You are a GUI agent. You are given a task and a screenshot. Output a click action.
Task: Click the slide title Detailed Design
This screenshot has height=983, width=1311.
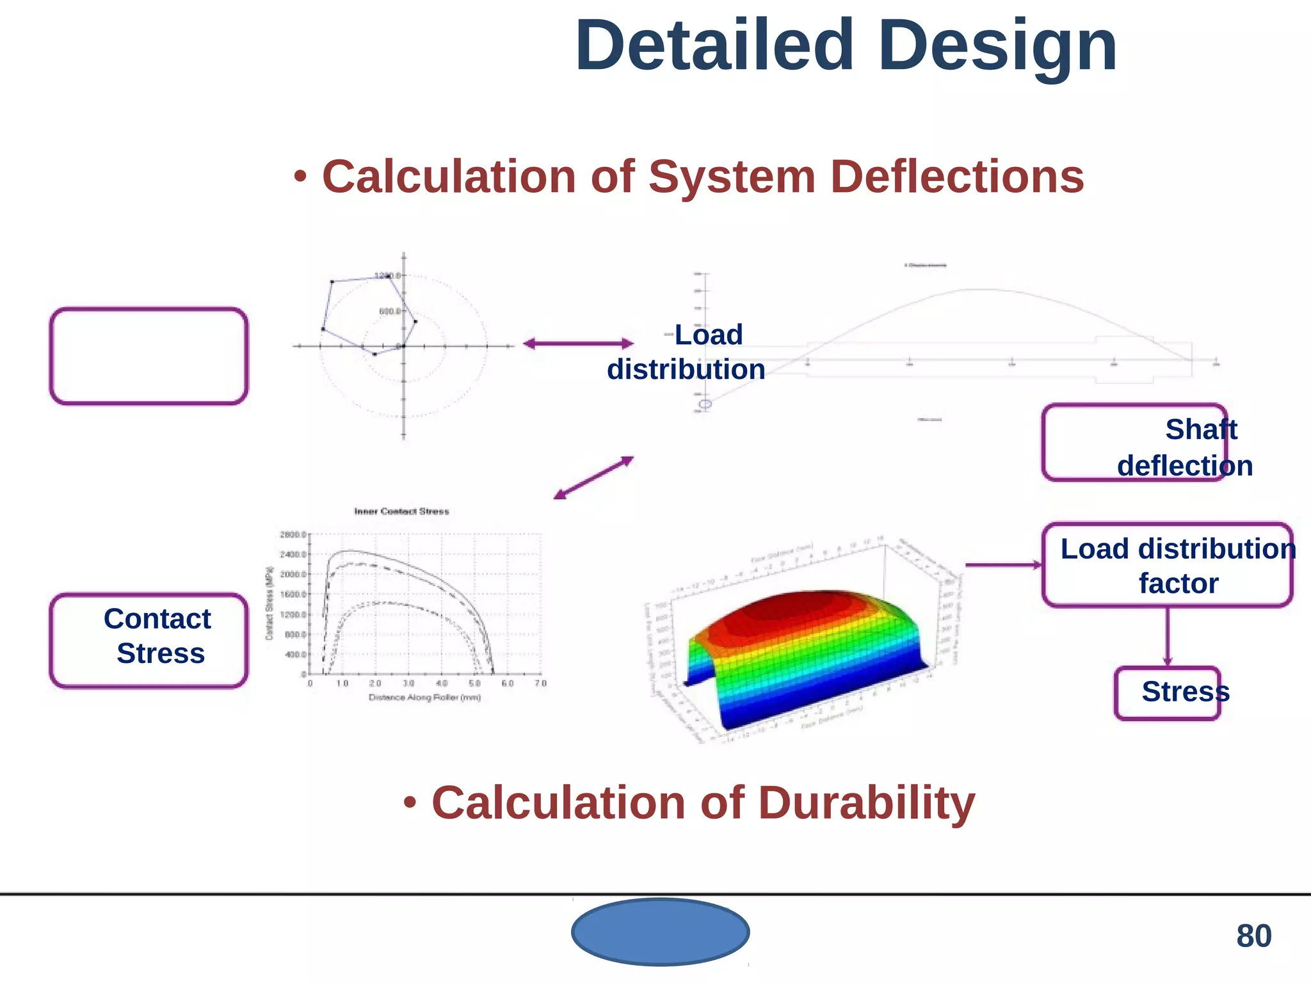(x=846, y=46)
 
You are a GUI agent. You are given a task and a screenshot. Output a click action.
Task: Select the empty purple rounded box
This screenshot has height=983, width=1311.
(x=149, y=356)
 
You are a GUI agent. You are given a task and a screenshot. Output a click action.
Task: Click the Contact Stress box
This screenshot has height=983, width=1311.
(x=149, y=641)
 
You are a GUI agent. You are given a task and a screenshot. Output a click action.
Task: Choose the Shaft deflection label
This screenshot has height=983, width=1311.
(x=1184, y=447)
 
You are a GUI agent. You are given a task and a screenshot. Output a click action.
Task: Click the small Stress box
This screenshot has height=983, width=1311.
(x=1168, y=693)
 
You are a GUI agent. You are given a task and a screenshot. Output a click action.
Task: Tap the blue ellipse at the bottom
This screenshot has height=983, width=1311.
(x=660, y=932)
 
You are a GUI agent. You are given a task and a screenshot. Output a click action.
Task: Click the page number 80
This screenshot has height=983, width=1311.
(x=1253, y=936)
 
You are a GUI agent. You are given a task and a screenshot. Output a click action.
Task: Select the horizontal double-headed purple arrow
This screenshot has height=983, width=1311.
(x=578, y=344)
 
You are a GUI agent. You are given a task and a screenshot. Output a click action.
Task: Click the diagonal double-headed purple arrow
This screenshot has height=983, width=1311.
(x=593, y=477)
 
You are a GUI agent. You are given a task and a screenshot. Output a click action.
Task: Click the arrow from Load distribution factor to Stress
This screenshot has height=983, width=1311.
(x=1168, y=637)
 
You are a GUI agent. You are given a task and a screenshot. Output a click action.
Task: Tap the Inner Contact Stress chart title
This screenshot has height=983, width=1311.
(x=401, y=511)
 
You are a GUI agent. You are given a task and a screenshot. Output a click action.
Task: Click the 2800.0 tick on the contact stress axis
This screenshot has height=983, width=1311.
(x=293, y=534)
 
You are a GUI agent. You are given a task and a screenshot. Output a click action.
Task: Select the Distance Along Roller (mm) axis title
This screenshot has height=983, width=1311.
(x=424, y=698)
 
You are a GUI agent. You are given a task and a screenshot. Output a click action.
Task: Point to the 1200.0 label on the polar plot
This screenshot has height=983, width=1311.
(x=387, y=275)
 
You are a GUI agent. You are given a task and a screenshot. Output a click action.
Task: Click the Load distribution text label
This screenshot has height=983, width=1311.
(x=686, y=352)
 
